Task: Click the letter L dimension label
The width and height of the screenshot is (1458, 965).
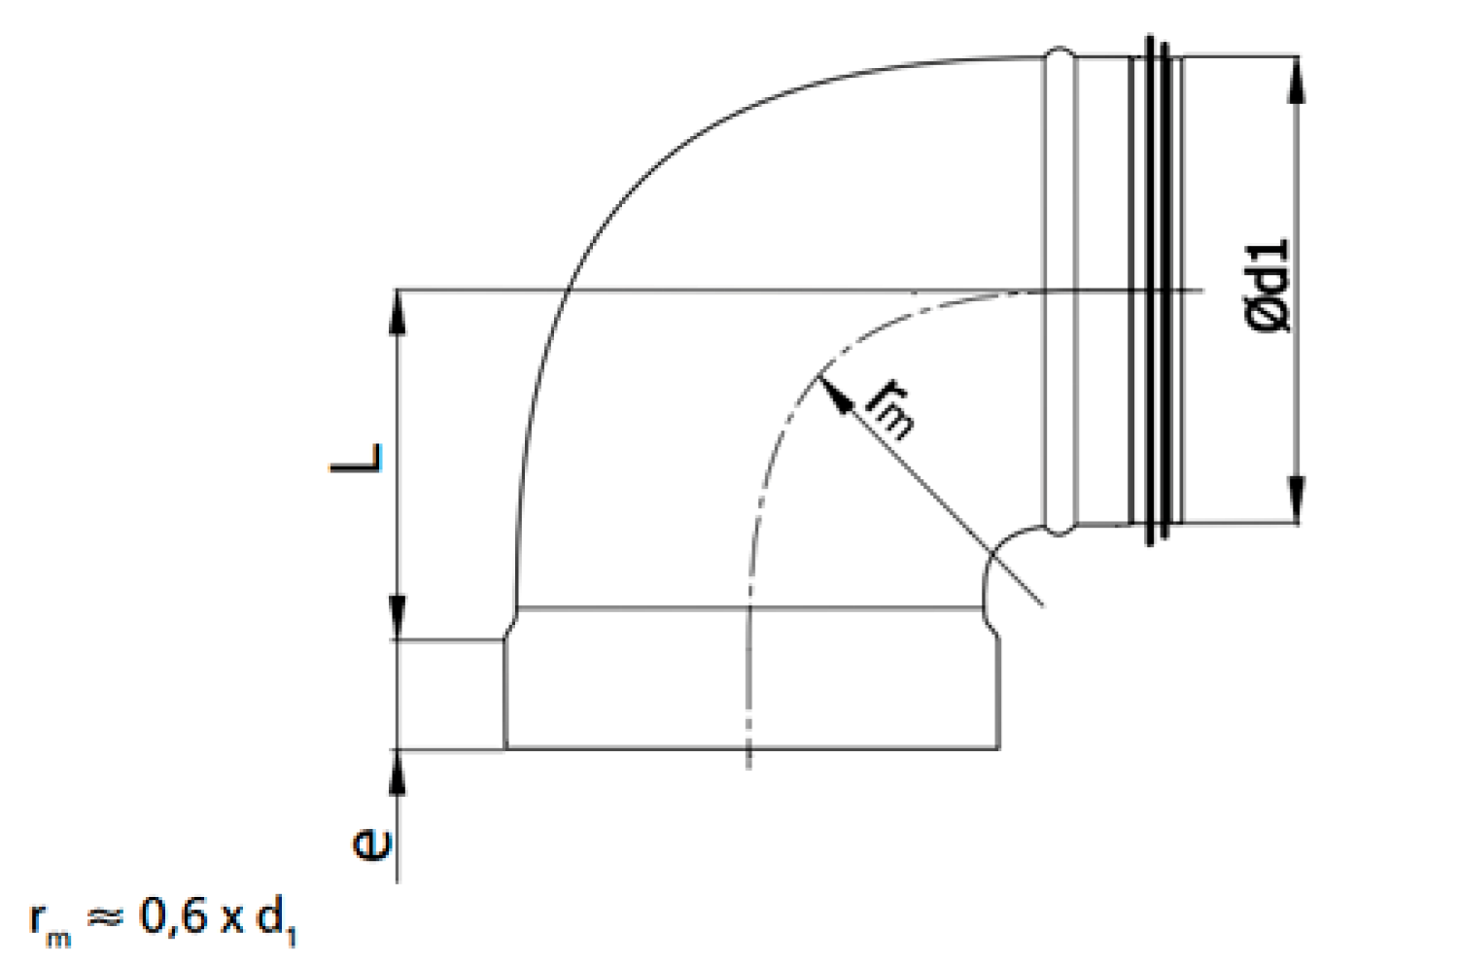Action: pos(357,459)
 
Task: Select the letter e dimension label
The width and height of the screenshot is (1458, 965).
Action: pos(372,844)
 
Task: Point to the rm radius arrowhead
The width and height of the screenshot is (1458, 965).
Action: pos(834,395)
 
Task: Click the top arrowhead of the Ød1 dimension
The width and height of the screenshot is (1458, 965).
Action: pos(1298,80)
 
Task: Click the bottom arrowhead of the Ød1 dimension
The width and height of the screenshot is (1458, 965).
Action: pos(1298,500)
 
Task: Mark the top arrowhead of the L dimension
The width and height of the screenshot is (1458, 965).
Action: pos(398,312)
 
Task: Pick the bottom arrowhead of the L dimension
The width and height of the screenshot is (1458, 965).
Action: pos(398,618)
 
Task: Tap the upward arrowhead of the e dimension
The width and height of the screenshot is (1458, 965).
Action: pos(398,773)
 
